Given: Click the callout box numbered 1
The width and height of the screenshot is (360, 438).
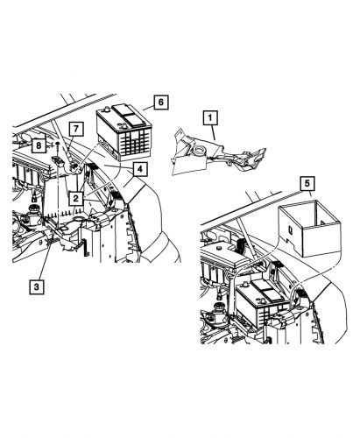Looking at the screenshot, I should pyautogui.click(x=210, y=115).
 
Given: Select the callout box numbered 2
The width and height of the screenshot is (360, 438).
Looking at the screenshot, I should pyautogui.click(x=78, y=198).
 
